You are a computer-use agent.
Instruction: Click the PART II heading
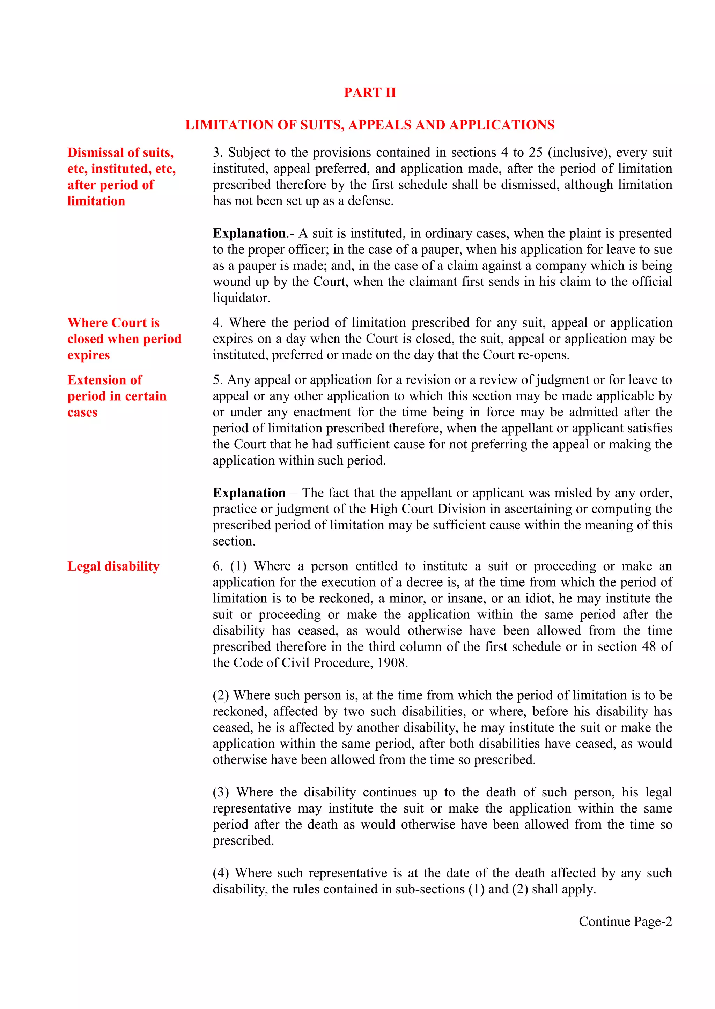[369, 92]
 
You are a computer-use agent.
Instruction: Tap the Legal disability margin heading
[113, 566]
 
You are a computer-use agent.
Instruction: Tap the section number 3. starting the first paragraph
[218, 153]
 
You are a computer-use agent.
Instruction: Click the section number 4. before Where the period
[218, 322]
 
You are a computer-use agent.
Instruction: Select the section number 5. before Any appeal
[218, 380]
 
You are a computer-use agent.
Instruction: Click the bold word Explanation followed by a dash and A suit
[249, 233]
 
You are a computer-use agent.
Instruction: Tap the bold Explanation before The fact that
[249, 493]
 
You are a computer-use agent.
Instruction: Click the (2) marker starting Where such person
[221, 695]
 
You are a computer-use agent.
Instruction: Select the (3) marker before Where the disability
[221, 792]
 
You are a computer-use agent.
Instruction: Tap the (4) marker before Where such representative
[221, 873]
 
